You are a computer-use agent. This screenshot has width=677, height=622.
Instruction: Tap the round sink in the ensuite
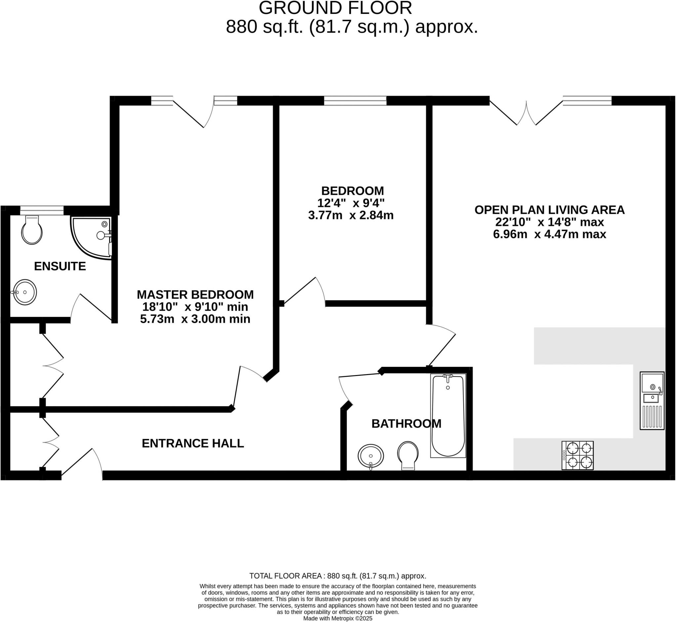coord(24,292)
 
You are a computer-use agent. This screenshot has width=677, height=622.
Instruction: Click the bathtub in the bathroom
coord(448,416)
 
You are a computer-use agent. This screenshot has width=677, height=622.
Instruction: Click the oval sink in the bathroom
coord(371,456)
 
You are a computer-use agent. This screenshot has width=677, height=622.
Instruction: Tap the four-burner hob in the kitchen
coord(577,455)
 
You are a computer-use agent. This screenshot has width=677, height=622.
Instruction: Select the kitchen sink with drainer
coord(652,400)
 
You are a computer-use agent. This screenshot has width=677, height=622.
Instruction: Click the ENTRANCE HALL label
coord(193,443)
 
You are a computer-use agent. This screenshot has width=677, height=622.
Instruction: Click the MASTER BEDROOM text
coord(195,294)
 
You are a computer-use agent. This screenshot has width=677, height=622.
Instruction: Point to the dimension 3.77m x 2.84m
coord(351,215)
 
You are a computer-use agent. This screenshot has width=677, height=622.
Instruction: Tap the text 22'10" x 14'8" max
coord(549,222)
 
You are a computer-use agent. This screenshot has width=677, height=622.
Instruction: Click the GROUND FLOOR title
coord(335,8)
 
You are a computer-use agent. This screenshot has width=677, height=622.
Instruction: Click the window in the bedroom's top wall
coord(355,100)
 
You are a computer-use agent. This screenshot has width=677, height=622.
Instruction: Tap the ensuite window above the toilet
coord(42,210)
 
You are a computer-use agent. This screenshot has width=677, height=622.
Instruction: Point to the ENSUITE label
coord(60,266)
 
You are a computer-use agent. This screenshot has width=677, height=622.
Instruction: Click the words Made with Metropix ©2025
coord(338,618)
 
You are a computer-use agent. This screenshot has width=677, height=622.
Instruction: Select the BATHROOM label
coord(406,424)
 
